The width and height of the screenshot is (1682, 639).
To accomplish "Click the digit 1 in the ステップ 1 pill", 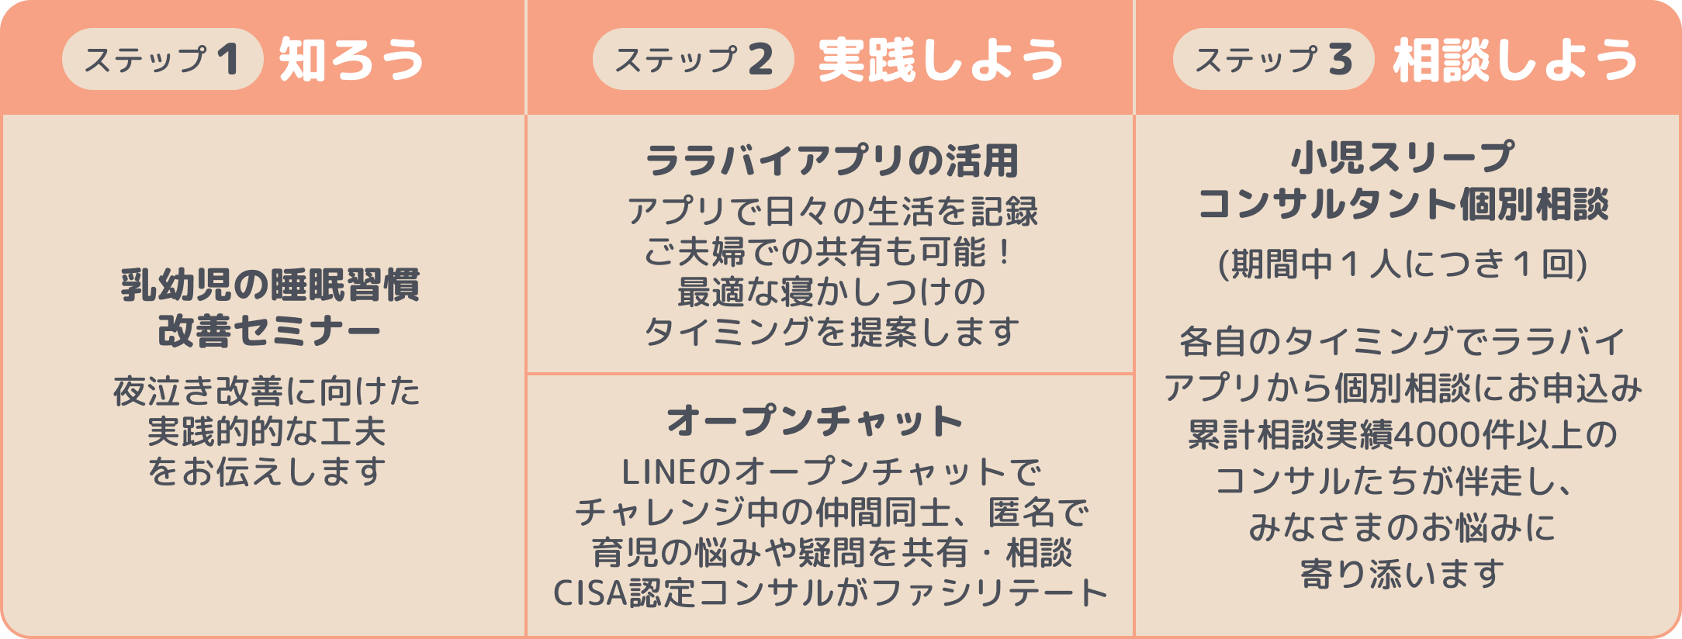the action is [x=228, y=59].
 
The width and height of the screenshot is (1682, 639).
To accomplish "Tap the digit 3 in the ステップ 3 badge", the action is [x=1340, y=59].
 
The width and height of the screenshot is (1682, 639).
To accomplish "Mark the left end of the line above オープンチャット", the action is [x=527, y=374].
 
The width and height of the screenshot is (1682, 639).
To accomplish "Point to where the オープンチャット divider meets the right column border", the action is [x=1134, y=374].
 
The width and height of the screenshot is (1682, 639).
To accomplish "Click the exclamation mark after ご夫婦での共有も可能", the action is [x=1005, y=251].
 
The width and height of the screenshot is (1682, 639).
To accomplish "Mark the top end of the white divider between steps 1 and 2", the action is [x=526, y=1].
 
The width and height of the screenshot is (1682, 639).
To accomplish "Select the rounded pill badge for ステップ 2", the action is [x=694, y=59].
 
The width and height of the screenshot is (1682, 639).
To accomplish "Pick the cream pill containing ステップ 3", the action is [x=1273, y=59].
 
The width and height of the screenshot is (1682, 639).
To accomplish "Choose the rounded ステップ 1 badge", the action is [x=163, y=59].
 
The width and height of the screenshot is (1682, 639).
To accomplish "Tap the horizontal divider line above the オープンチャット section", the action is [x=830, y=374].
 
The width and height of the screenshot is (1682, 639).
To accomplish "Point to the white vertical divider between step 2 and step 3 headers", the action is [x=1134, y=57].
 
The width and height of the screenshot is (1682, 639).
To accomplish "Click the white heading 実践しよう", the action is [x=941, y=60].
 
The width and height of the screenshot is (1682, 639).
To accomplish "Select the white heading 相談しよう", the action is [x=1515, y=60].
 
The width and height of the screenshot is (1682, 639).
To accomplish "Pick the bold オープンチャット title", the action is [x=815, y=421].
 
